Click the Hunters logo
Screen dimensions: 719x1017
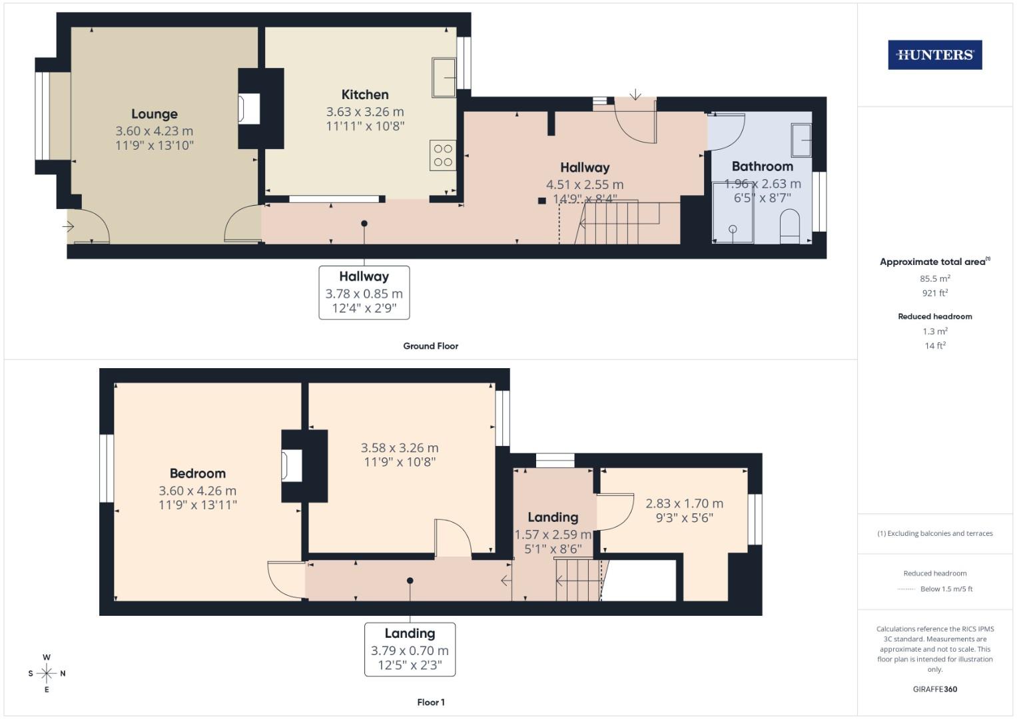934,55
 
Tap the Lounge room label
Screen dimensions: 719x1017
154,114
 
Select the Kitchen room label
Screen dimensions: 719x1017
365,95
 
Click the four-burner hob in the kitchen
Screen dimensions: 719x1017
443,155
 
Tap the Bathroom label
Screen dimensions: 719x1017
762,166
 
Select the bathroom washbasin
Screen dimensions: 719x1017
801,140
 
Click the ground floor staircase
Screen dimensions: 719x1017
611,222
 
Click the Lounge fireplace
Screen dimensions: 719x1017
250,109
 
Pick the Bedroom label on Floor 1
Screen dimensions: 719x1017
198,473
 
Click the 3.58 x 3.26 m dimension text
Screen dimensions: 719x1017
400,448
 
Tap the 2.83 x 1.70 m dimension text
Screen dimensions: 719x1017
684,503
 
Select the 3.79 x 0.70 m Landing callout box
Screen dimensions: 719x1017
410,649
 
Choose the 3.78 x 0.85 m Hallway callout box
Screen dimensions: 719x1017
364,292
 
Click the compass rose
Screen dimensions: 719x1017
47,673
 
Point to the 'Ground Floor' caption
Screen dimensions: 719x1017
430,346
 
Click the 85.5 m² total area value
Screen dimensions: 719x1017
934,278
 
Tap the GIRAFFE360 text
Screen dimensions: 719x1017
934,689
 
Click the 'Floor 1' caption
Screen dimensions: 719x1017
430,702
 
